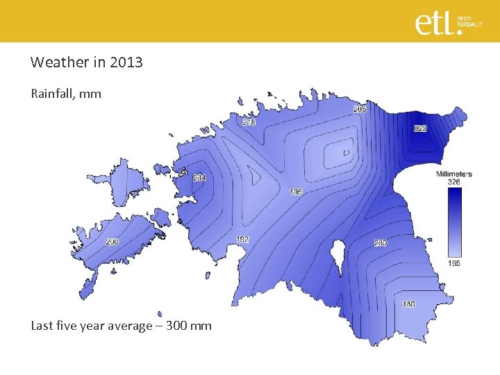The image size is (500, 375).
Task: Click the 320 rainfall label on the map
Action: pos(421,128)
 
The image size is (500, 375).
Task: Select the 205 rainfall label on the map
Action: pos(360,110)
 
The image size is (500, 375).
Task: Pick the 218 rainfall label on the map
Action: pos(249,122)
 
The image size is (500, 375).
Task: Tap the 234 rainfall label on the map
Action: pos(199,178)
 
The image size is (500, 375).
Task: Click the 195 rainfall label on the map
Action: pos(296,192)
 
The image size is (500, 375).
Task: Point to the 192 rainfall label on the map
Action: pos(242,240)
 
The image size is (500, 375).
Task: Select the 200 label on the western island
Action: pos(112,242)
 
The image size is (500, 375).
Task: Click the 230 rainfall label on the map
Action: pos(381,243)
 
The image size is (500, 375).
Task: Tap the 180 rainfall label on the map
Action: pos(409,304)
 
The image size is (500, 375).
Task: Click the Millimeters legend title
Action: pos(453,174)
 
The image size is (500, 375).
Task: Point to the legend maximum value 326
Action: pos(453,182)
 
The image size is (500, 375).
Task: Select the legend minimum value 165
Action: pos(453,263)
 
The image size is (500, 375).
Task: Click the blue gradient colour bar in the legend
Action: pos(454,222)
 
